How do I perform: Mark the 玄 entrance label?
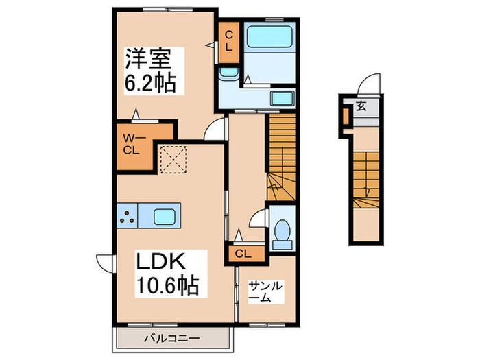click(361, 106)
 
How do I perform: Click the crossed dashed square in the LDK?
click(174, 160)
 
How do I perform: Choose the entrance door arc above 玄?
click(370, 82)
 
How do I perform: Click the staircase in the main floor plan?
click(281, 158)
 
